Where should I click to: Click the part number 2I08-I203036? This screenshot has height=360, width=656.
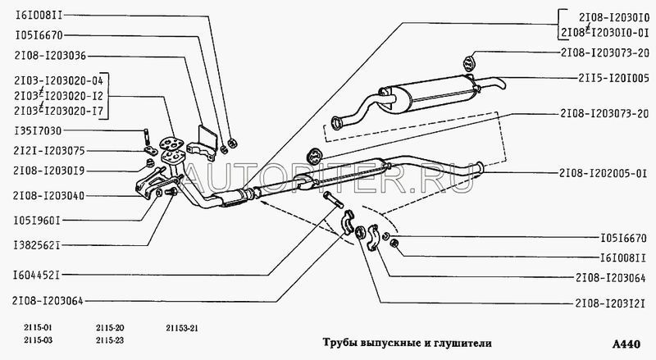50,56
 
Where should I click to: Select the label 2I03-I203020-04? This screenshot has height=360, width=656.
58,80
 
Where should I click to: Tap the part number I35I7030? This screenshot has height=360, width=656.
38,131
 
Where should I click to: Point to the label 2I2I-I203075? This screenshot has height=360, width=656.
49,151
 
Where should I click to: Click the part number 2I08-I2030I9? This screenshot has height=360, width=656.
49,171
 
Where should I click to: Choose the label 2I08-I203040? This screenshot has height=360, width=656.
49,195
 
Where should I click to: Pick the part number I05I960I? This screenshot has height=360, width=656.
37,221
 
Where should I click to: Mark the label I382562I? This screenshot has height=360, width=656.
37,245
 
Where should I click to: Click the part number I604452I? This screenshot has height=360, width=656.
36,276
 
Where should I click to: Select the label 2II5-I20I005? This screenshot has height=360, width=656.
613,78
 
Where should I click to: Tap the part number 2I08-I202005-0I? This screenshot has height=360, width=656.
604,173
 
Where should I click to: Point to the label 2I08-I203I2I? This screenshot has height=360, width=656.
610,303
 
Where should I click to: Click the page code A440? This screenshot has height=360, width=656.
626,344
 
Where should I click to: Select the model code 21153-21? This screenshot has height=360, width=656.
182,328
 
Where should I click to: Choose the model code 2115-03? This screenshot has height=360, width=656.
39,340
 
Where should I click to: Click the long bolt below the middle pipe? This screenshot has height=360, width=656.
333,200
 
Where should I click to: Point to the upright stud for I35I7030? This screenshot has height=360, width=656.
148,137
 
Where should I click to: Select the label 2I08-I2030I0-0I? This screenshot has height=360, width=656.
605,33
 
